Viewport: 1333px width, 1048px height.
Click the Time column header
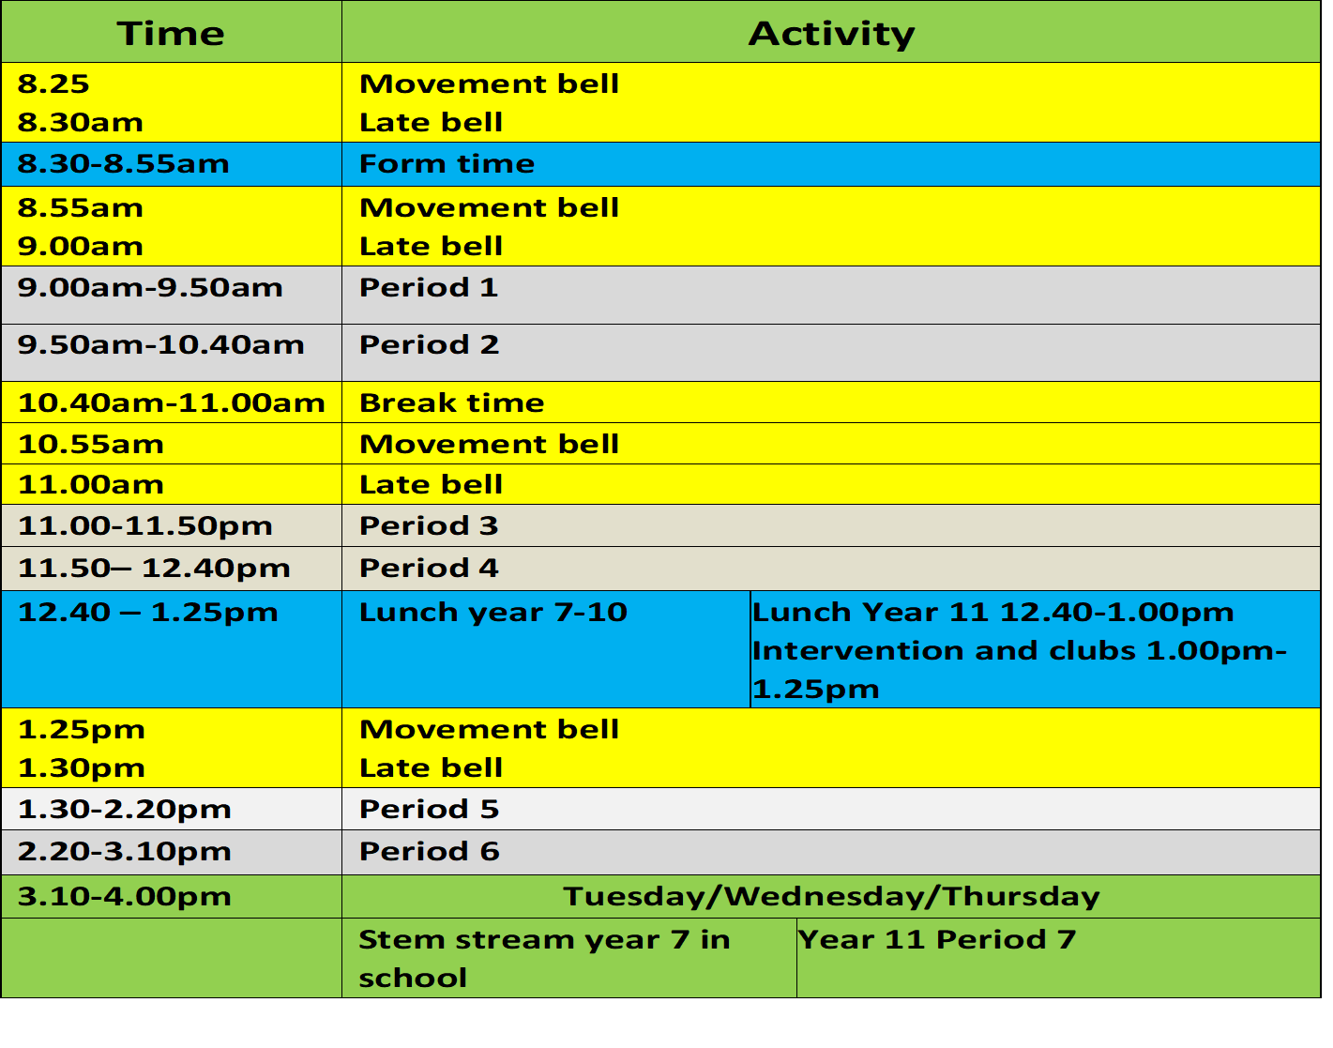coord(171,34)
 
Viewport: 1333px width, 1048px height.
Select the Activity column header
coord(831,34)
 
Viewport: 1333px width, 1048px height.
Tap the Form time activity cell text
coord(447,164)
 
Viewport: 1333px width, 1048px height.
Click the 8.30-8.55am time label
coord(123,164)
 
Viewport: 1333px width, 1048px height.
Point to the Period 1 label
coord(428,288)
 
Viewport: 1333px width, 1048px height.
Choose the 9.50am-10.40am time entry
coord(160,345)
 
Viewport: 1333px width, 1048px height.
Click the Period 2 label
coord(429,345)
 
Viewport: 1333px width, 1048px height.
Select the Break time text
coord(451,403)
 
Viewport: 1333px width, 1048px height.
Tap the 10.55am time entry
coord(90,445)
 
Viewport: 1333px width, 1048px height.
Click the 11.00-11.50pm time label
coord(144,526)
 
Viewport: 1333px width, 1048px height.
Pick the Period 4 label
coord(429,569)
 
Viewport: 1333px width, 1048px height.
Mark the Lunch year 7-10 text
coord(492,613)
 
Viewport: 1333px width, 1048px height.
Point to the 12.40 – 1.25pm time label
coord(147,613)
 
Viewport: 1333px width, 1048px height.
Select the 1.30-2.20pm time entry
coord(124,810)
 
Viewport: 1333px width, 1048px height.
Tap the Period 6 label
coord(429,852)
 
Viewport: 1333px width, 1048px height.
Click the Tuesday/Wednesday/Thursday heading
coord(831,897)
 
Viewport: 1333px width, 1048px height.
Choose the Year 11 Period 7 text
coord(936,940)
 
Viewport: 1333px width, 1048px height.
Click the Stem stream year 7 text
coord(543,940)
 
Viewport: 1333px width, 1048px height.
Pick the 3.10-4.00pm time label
coord(124,897)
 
